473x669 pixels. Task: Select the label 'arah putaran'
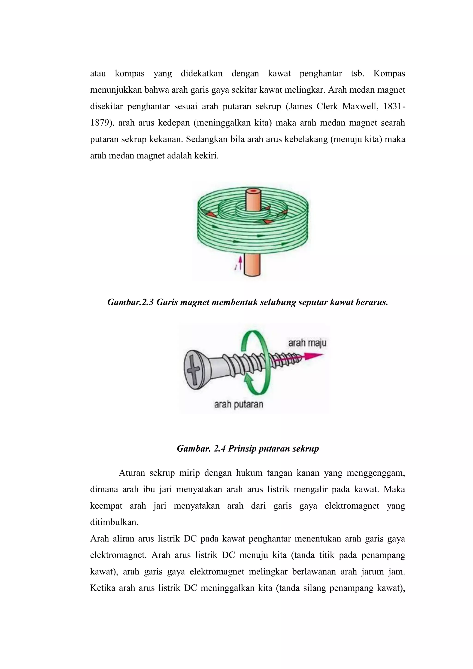(239, 404)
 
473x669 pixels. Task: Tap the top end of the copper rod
(254, 192)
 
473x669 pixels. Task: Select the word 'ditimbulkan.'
(114, 522)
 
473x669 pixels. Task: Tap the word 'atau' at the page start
(98, 73)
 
